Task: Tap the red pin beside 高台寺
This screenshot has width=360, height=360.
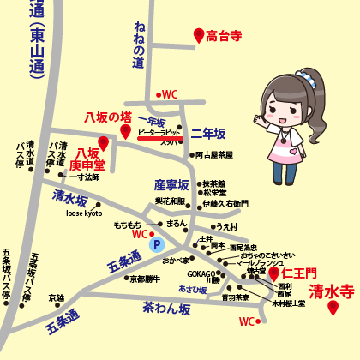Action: pyautogui.click(x=199, y=35)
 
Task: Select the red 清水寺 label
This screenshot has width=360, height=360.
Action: pyautogui.click(x=331, y=291)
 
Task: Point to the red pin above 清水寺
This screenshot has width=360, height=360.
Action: pyautogui.click(x=333, y=308)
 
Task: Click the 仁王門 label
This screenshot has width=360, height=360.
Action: pyautogui.click(x=298, y=274)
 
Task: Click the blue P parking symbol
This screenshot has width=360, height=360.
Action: pyautogui.click(x=156, y=244)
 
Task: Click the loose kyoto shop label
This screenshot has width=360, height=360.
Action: pyautogui.click(x=84, y=213)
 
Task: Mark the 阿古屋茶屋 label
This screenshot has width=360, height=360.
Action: pyautogui.click(x=213, y=155)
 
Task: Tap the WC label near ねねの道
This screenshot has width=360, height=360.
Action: pyautogui.click(x=168, y=94)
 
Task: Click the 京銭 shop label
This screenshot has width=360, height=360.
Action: pyautogui.click(x=56, y=297)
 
